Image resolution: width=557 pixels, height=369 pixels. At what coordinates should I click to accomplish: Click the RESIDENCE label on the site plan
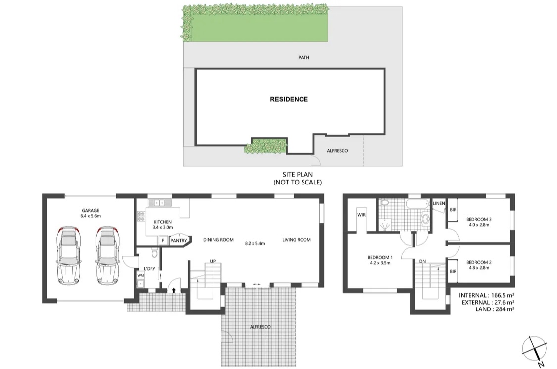(289, 99)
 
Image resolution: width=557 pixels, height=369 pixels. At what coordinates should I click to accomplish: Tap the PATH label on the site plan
(304, 57)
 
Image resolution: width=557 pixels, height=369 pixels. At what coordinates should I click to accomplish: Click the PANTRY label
(178, 241)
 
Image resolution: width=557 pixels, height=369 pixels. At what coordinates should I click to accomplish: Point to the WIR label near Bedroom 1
(361, 215)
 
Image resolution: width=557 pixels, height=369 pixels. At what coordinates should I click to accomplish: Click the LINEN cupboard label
(439, 203)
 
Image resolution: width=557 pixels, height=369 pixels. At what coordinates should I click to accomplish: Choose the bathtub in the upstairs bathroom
(418, 205)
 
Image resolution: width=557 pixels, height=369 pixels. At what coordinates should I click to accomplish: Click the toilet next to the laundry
(154, 252)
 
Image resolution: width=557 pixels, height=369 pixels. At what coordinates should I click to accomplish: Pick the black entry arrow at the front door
(174, 290)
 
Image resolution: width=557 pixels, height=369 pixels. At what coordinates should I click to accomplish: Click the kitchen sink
(159, 203)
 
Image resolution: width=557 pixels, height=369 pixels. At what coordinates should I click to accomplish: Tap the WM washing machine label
(140, 275)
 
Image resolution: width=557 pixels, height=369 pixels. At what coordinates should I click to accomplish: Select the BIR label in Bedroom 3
(453, 210)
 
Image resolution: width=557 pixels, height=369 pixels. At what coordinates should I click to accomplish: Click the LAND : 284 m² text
(495, 309)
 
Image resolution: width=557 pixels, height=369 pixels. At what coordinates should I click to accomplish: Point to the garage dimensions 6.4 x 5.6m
(90, 216)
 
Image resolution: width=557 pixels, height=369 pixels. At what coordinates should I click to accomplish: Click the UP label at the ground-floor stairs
(213, 261)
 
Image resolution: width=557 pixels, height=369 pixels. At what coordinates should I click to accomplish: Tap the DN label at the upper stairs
(422, 261)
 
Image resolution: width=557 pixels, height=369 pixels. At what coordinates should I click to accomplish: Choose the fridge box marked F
(163, 241)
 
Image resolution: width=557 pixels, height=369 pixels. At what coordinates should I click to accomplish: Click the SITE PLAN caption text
(298, 175)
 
